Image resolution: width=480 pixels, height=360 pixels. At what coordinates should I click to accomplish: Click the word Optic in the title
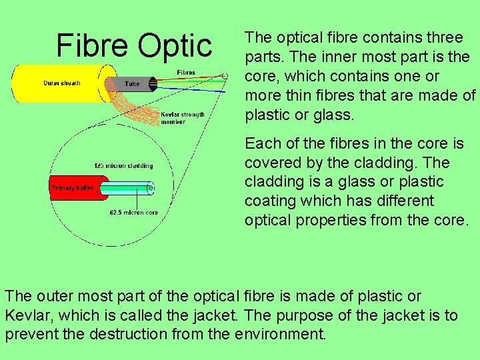(175, 45)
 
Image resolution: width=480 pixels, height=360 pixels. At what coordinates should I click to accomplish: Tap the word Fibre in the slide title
(93, 45)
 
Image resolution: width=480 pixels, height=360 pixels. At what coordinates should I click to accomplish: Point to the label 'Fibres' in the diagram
(186, 72)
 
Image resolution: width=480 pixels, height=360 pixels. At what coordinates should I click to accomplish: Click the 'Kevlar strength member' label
(182, 118)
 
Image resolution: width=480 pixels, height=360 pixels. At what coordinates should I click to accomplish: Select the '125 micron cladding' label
(123, 165)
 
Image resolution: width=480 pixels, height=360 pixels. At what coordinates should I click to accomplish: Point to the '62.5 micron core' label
(133, 213)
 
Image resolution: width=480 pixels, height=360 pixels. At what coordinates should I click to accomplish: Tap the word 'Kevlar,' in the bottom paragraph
(27, 315)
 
